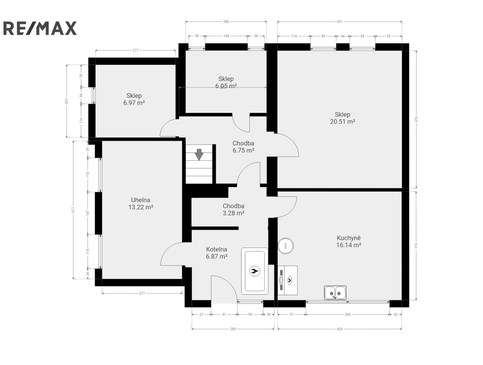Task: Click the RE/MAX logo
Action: tap(40, 28)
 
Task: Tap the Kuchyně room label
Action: tap(349, 238)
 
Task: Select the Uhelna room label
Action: tap(141, 200)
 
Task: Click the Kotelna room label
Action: tap(217, 249)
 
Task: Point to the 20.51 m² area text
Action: tap(342, 122)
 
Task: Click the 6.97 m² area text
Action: tap(134, 103)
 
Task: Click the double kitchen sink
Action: tap(335, 293)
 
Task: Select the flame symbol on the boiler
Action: tap(254, 271)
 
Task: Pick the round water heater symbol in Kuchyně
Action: tap(286, 246)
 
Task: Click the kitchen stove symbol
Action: tap(287, 280)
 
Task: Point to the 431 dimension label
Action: tap(339, 22)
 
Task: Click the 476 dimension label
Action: tap(416, 119)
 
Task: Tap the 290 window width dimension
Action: tap(347, 314)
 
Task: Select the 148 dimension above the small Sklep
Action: tap(226, 36)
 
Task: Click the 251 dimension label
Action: tap(66, 101)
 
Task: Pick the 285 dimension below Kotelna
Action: tap(233, 329)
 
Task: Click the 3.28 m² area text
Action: tap(234, 213)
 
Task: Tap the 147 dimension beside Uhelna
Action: tap(87, 213)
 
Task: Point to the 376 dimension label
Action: tap(416, 246)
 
